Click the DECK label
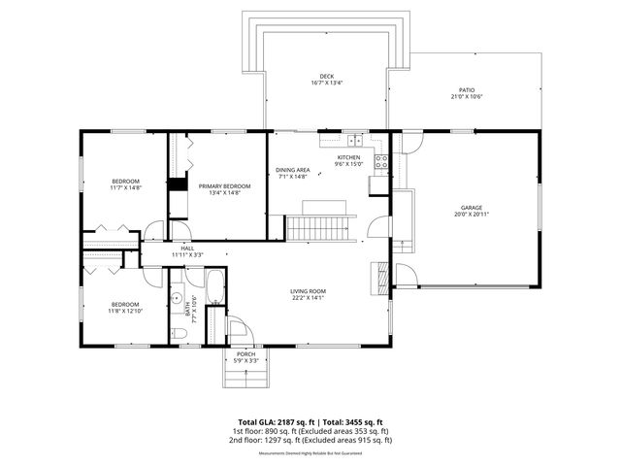[x=326, y=76]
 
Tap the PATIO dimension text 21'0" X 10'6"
[x=466, y=97]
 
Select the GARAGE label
[x=472, y=208]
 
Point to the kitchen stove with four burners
[x=381, y=161]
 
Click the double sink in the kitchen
[x=355, y=139]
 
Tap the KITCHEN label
[x=348, y=157]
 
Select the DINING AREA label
[x=291, y=170]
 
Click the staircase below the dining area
[x=317, y=229]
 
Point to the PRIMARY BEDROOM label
[x=224, y=185]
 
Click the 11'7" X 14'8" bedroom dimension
[x=125, y=188]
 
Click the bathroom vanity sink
[x=179, y=296]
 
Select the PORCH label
[x=246, y=354]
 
